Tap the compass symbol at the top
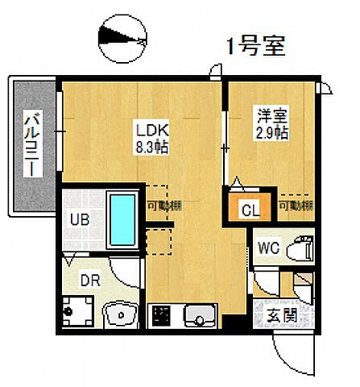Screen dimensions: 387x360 coord(122,36)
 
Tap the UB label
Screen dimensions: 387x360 coord(77,219)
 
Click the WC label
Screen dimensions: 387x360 coord(268,248)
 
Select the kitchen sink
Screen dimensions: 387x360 coord(197,314)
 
